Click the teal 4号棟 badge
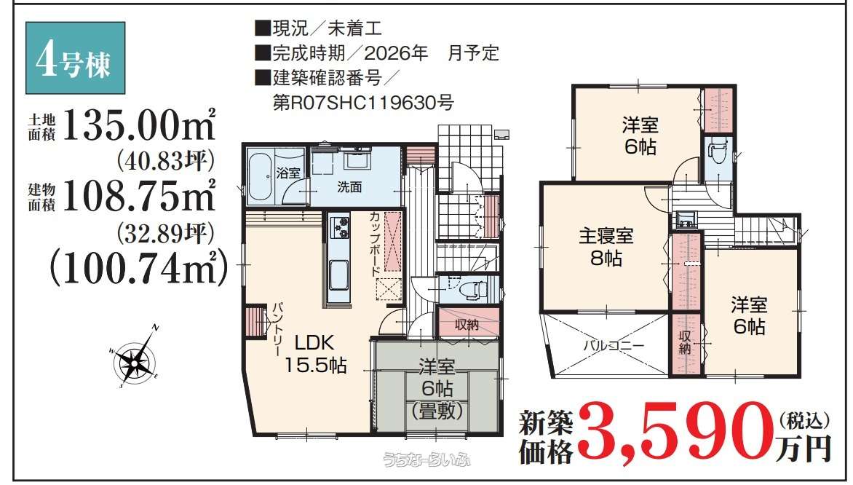[75, 58]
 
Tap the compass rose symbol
[135, 357]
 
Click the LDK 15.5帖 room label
[316, 354]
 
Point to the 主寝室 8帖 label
[606, 247]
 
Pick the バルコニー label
[614, 345]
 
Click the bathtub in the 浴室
[261, 176]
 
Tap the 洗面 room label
[349, 187]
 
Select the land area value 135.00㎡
[139, 125]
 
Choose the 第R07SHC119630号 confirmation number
[363, 103]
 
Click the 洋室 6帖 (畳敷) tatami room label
[437, 388]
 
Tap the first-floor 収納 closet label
[467, 324]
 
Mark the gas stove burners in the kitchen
[340, 227]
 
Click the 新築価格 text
[546, 436]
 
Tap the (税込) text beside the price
[804, 421]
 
